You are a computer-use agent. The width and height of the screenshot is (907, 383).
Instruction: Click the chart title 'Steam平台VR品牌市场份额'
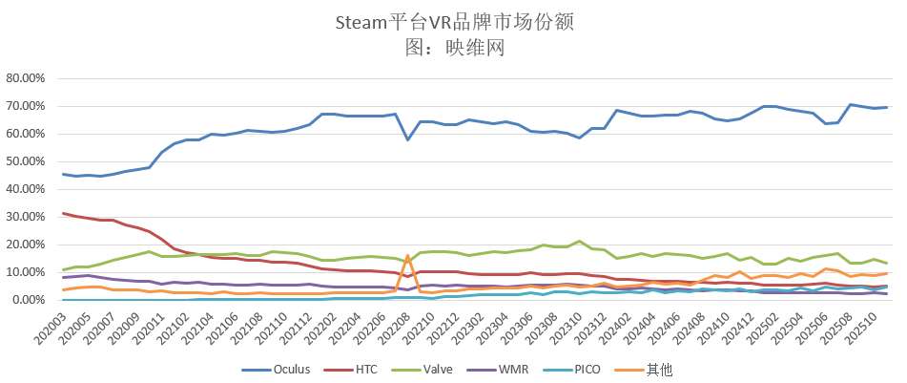point(454,20)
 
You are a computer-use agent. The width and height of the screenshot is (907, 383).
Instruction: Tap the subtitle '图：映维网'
point(454,44)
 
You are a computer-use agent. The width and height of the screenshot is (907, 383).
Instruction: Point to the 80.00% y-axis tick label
point(29,78)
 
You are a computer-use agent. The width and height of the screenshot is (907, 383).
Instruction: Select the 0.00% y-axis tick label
point(31,300)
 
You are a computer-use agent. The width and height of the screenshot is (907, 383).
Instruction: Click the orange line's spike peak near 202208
point(408,256)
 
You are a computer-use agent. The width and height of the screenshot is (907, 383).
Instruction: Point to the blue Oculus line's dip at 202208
point(408,140)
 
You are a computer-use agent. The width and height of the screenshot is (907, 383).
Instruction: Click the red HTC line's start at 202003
point(63,213)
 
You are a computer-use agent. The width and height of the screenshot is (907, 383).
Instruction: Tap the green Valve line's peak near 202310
point(579,241)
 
